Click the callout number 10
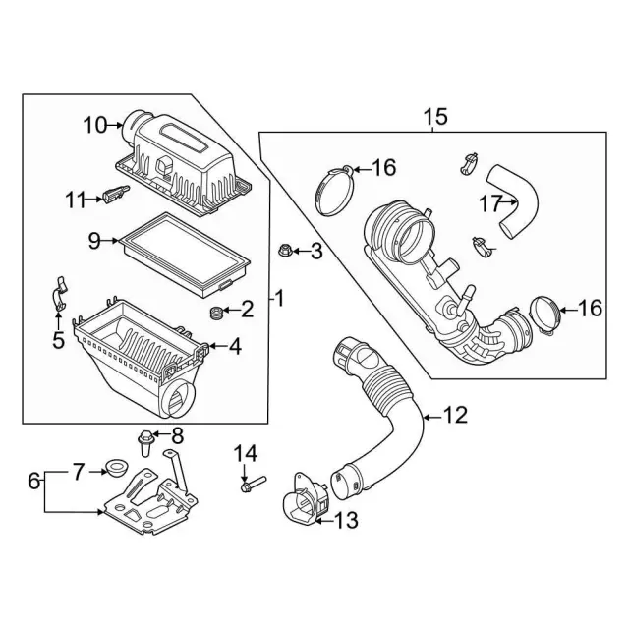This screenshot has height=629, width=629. tap(95, 125)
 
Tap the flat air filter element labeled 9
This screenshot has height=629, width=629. tap(185, 255)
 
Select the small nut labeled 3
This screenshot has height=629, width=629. tap(284, 251)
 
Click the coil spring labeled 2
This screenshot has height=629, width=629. tap(216, 313)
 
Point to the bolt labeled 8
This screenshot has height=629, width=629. tap(144, 443)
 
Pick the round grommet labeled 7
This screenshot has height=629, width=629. tap(117, 469)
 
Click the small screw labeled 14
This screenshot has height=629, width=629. tap(253, 485)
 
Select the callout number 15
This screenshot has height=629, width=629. tap(436, 117)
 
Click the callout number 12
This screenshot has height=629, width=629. tap(456, 415)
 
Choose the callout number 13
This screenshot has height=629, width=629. tap(346, 521)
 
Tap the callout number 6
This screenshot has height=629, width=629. tap(34, 481)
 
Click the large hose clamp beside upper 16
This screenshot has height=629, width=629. tap(334, 192)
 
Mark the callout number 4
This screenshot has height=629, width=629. tap(236, 347)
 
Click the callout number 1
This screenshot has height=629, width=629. tap(279, 299)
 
